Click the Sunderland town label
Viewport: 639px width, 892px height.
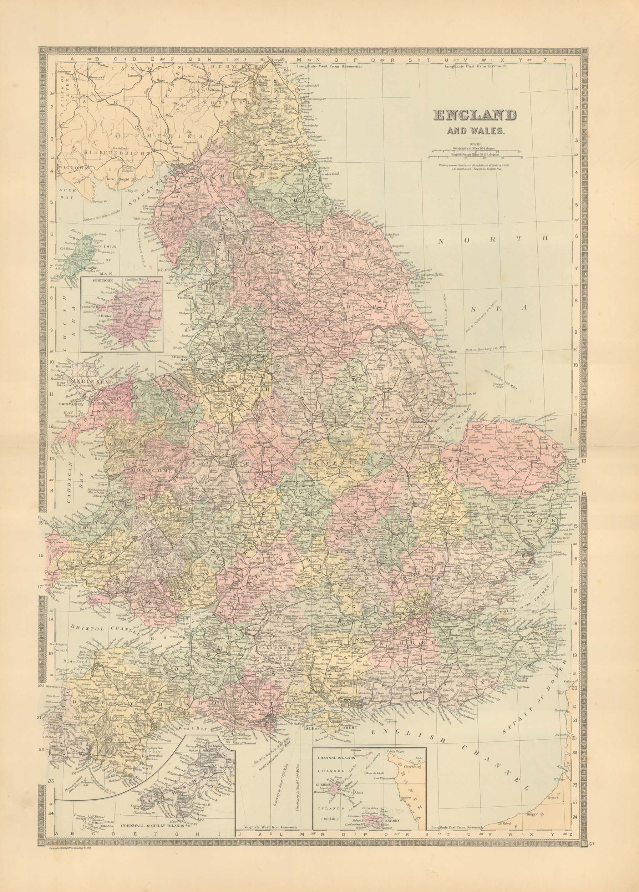click(327, 172)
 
